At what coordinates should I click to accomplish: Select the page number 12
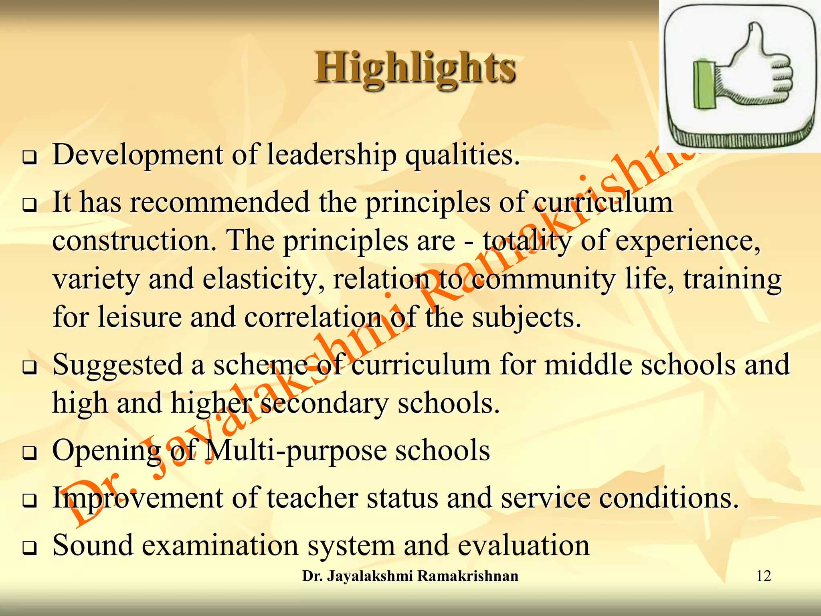click(763, 576)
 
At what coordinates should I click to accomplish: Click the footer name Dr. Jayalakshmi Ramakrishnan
click(410, 576)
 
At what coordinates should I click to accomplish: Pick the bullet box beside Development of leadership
click(29, 158)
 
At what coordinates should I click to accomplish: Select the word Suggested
click(117, 365)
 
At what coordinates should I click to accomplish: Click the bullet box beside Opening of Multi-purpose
click(29, 453)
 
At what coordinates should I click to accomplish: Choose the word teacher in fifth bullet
click(312, 498)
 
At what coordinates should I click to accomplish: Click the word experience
click(688, 241)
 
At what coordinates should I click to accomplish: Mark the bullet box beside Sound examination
click(29, 548)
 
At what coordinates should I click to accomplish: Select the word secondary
click(324, 403)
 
